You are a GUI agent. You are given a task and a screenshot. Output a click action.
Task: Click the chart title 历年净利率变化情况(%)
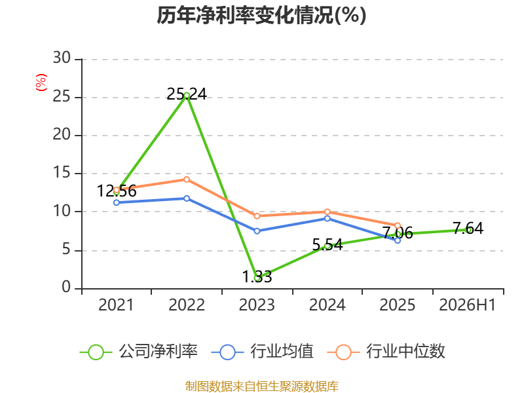click(261, 15)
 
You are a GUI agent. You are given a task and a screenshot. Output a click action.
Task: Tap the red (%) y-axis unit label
click(41, 83)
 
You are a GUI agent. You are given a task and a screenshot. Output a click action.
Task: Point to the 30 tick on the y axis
click(62, 58)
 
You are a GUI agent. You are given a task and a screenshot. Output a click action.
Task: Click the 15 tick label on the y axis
click(62, 173)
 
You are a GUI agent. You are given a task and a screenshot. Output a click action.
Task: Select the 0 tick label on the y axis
click(66, 288)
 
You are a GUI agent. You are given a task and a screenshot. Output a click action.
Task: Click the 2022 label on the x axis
click(187, 305)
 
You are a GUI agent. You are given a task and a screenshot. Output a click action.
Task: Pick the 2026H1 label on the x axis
click(468, 305)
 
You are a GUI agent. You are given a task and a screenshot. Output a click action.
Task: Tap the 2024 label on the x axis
click(327, 305)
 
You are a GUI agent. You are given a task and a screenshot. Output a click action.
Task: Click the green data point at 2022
click(187, 96)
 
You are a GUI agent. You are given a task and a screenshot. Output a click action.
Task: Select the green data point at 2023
click(257, 278)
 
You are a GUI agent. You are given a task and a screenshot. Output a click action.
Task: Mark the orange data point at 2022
click(187, 179)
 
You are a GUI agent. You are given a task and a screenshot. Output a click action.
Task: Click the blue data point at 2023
click(257, 231)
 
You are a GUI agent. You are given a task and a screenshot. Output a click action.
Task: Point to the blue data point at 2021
click(117, 202)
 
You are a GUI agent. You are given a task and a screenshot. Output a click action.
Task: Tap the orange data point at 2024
click(327, 212)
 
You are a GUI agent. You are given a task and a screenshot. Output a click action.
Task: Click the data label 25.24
click(187, 94)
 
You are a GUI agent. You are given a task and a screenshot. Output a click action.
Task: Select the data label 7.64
click(468, 229)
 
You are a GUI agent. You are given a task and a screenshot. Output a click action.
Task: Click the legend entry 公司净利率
click(139, 352)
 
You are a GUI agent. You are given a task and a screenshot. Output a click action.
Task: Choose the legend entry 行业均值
click(263, 352)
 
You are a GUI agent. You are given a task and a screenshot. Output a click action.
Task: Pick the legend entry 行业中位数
click(386, 352)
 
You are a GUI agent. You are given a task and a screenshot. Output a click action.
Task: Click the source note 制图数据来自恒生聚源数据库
click(261, 386)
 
